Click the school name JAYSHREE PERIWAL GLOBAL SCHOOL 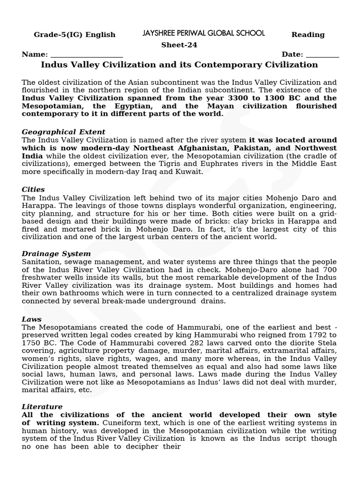[x=203, y=33]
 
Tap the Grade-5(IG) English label [x=75, y=35]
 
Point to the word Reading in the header [x=308, y=35]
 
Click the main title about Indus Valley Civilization [x=180, y=65]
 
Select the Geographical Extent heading [x=63, y=132]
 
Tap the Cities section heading [x=33, y=189]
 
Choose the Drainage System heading [x=56, y=254]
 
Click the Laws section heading [x=31, y=319]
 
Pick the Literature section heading [x=42, y=406]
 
